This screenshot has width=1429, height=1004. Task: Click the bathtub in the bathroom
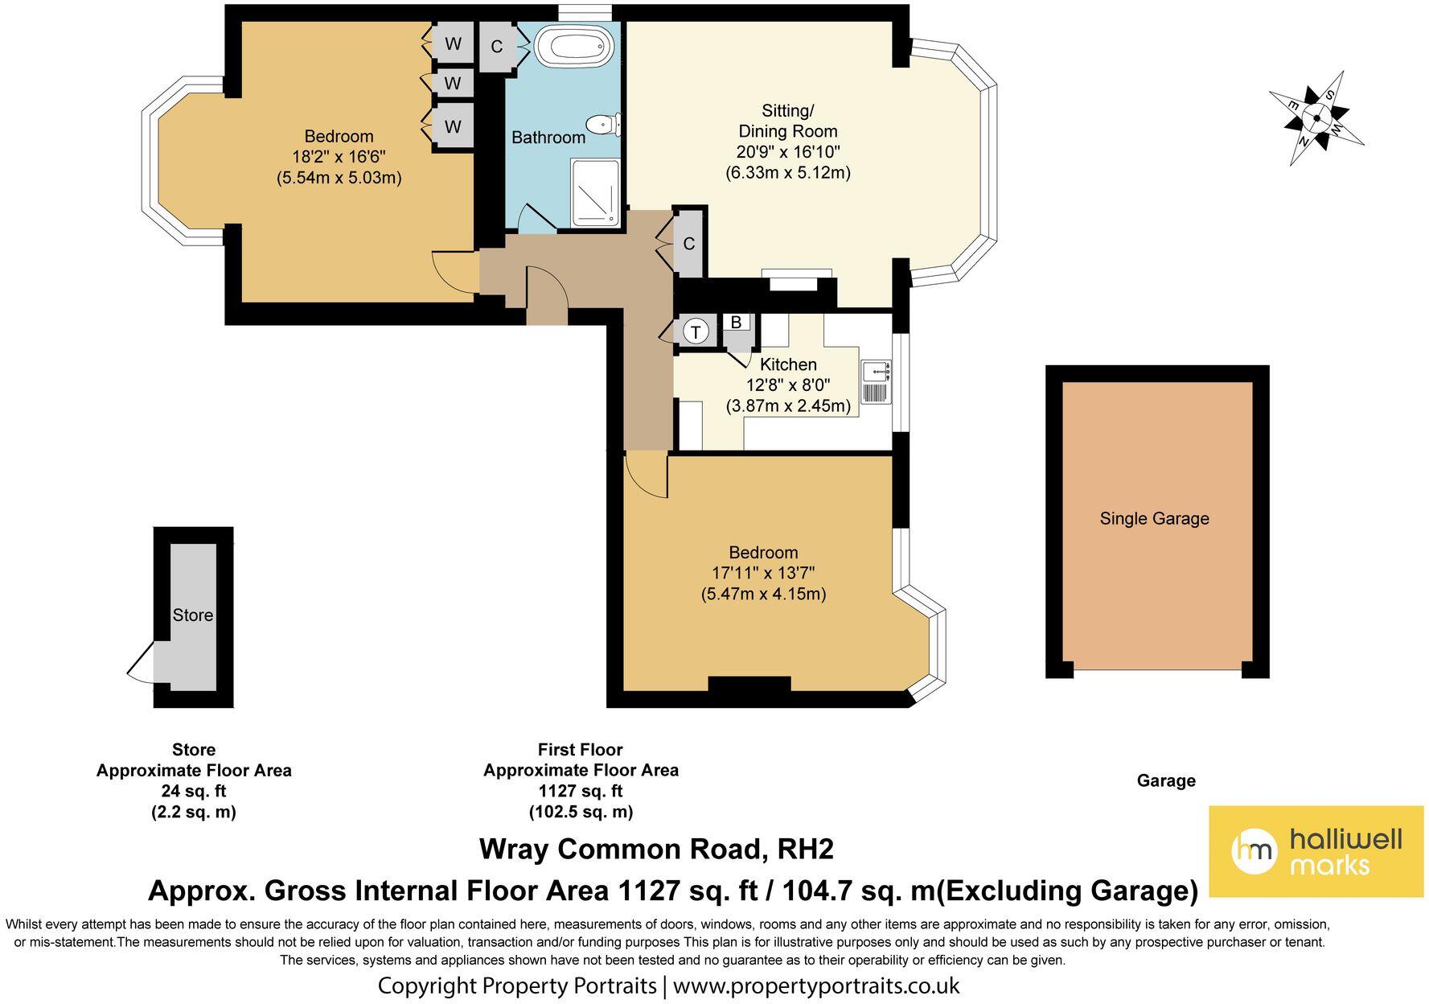pyautogui.click(x=573, y=47)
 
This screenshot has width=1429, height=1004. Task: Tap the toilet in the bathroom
pyautogui.click(x=603, y=125)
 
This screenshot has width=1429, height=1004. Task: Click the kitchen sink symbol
pyautogui.click(x=875, y=372)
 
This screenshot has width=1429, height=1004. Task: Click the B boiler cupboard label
pyautogui.click(x=735, y=322)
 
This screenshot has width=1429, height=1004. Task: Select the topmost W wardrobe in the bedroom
pyautogui.click(x=453, y=43)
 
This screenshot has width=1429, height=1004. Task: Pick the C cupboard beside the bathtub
pyautogui.click(x=497, y=47)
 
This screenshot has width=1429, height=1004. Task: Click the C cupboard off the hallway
pyautogui.click(x=689, y=244)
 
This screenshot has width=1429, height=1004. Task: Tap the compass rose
pyautogui.click(x=1316, y=118)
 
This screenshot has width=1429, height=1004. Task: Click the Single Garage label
pyautogui.click(x=1154, y=519)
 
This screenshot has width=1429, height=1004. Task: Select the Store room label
pyautogui.click(x=193, y=615)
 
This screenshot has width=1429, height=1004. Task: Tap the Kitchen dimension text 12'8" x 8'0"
pyautogui.click(x=787, y=385)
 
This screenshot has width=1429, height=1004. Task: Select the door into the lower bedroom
pyautogui.click(x=645, y=476)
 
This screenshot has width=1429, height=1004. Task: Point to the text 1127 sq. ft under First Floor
pyautogui.click(x=580, y=791)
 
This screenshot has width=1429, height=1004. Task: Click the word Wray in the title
pyautogui.click(x=513, y=849)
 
